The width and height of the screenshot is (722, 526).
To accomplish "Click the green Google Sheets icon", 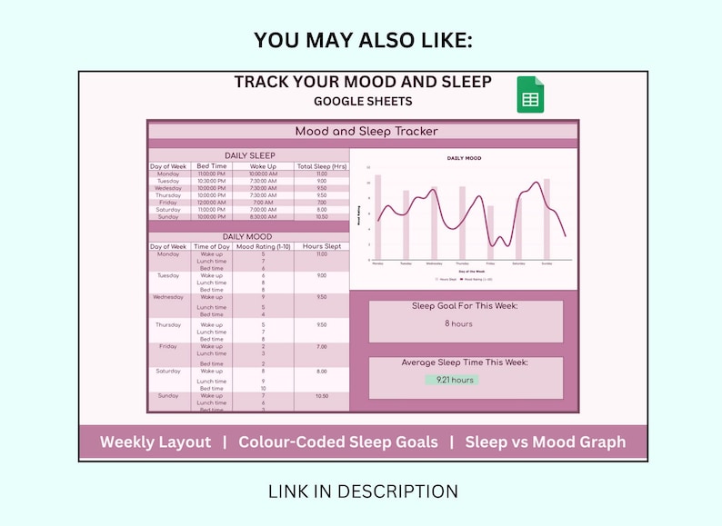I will click(530, 94).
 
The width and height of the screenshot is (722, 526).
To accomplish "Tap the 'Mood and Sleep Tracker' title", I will click(366, 132).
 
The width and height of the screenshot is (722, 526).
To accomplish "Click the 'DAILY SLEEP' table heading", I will click(249, 155).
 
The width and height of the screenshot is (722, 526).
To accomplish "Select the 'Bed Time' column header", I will click(212, 166).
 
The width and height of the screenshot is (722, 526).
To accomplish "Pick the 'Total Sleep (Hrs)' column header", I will click(321, 166).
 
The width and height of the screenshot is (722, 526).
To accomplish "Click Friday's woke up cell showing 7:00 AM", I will click(264, 203).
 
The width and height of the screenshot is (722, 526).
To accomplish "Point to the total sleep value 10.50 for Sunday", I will click(321, 217).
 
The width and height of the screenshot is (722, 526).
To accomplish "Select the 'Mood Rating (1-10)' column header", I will click(263, 246).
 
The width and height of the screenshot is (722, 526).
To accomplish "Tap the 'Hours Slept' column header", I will click(321, 246).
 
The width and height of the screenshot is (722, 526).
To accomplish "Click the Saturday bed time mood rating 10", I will click(263, 388).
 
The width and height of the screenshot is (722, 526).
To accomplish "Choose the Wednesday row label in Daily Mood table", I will click(168, 297).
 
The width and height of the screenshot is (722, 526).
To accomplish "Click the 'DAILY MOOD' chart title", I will click(464, 158).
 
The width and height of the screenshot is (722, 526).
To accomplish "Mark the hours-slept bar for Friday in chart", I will click(490, 232).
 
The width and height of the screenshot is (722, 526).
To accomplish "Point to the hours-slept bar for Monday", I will click(378, 218).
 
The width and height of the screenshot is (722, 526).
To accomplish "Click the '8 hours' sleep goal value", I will click(458, 323).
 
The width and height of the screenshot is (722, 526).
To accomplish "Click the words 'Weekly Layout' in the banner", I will click(155, 442).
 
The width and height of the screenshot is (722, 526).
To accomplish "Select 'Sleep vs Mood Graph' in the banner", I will click(546, 442).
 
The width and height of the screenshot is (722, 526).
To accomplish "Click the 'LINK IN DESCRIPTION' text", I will click(363, 491).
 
